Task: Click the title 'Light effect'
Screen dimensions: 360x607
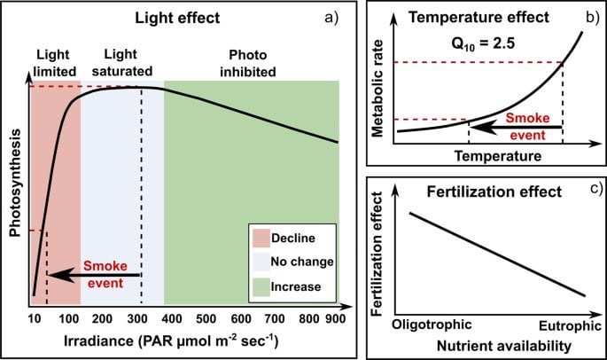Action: (x=183, y=17)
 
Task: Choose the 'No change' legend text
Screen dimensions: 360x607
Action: (x=303, y=262)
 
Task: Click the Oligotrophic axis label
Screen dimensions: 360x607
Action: (x=432, y=324)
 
